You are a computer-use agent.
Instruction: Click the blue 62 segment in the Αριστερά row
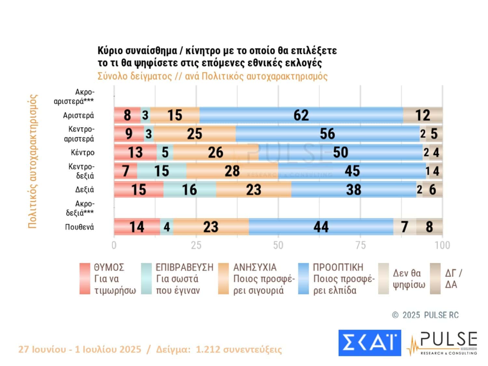click(301, 115)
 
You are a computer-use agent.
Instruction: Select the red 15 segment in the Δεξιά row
click(139, 190)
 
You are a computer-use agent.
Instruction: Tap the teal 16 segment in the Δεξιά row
click(190, 190)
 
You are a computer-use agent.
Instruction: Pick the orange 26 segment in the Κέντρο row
click(216, 153)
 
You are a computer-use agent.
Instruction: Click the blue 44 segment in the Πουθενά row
click(321, 227)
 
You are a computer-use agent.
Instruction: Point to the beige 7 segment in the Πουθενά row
click(404, 227)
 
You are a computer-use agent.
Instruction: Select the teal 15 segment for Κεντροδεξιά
click(162, 171)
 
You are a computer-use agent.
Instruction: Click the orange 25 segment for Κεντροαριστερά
click(195, 134)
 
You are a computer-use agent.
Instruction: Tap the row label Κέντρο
click(83, 153)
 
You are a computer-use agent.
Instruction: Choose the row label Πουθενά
click(79, 227)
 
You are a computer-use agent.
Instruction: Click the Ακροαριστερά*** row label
click(74, 97)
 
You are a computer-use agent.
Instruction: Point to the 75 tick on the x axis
click(360, 245)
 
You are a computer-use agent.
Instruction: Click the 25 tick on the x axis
click(196, 245)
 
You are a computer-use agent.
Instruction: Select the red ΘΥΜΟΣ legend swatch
click(85, 279)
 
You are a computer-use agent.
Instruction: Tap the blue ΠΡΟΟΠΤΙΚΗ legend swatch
click(303, 279)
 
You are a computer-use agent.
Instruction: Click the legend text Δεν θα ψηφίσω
click(409, 279)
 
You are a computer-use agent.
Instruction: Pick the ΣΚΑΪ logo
click(370, 343)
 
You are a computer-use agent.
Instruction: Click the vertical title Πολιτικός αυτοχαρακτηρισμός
click(33, 161)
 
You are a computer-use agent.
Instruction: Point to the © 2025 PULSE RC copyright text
click(425, 315)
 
